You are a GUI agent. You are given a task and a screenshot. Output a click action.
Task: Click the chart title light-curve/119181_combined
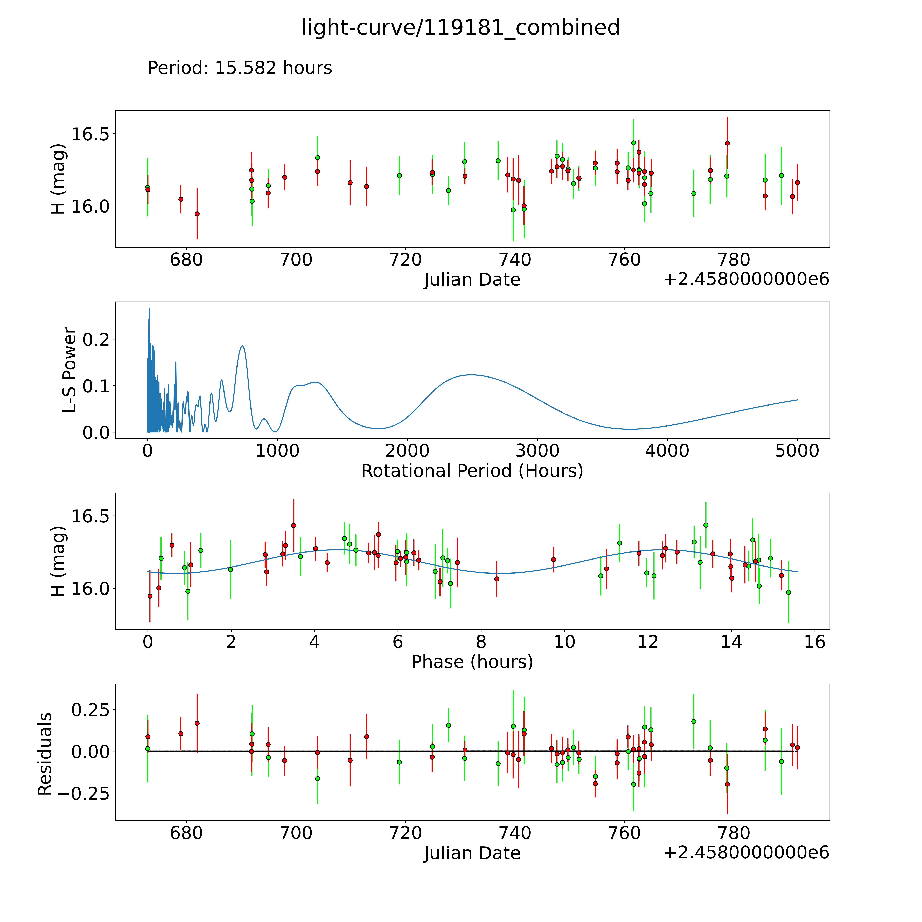[460, 28]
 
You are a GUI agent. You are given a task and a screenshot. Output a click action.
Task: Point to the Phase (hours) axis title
[472, 662]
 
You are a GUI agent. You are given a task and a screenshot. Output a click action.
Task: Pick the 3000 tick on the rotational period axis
[537, 451]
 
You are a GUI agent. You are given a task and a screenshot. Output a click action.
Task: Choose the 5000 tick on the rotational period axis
[797, 451]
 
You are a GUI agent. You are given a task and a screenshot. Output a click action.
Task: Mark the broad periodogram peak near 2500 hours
[471, 375]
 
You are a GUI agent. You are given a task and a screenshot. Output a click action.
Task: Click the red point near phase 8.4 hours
[497, 579]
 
